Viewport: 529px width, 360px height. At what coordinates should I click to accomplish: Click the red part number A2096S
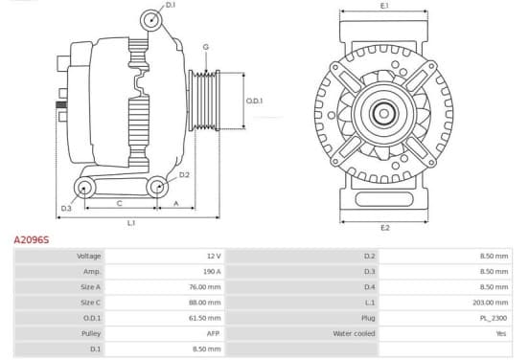[x=32, y=239]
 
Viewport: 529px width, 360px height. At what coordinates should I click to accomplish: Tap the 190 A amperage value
[x=212, y=272]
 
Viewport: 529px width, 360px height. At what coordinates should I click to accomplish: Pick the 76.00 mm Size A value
[x=205, y=287]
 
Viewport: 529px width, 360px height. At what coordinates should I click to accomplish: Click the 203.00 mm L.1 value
[x=491, y=303]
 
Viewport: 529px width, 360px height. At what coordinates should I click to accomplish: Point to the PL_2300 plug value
[x=494, y=318]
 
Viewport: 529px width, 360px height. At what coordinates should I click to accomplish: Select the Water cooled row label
[x=354, y=334]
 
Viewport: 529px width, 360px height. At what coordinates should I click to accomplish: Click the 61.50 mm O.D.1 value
[x=205, y=318]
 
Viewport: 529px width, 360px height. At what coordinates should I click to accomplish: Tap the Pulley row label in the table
[x=91, y=334]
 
